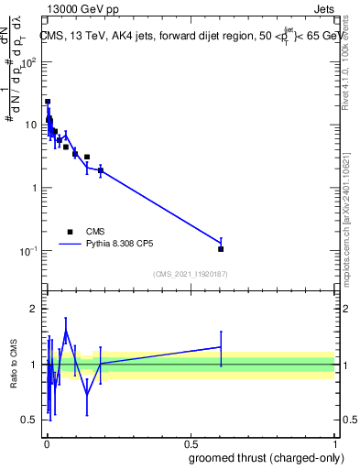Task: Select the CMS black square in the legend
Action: pos(70,232)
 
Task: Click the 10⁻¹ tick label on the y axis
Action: pos(28,251)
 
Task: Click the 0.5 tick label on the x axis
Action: pos(190,443)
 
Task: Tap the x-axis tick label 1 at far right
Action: pos(334,443)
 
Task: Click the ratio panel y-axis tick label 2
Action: pos(35,309)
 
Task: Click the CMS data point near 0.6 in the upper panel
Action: pos(221,248)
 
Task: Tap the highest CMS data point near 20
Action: pos(48,102)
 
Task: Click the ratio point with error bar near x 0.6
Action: pos(221,347)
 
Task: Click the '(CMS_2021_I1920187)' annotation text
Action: pos(190,274)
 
